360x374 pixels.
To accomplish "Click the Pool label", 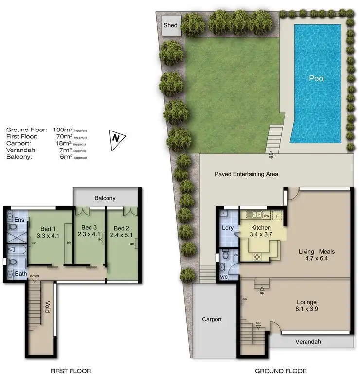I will [x=317, y=78].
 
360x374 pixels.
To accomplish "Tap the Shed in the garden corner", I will [x=171, y=25].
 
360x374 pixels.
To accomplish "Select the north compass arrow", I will [x=116, y=138].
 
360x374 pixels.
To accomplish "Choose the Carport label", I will [x=212, y=319].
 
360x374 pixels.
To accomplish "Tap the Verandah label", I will [x=308, y=342].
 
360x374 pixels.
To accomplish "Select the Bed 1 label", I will [x=48, y=229].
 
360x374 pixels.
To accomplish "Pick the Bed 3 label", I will [x=90, y=227].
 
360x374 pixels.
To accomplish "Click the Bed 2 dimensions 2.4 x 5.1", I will [x=122, y=235].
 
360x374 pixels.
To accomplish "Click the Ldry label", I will [x=227, y=228].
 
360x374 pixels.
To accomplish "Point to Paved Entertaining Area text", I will [x=246, y=174].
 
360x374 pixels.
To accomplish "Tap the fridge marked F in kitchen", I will [x=277, y=215].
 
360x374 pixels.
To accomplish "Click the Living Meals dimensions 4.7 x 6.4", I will [x=316, y=259].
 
